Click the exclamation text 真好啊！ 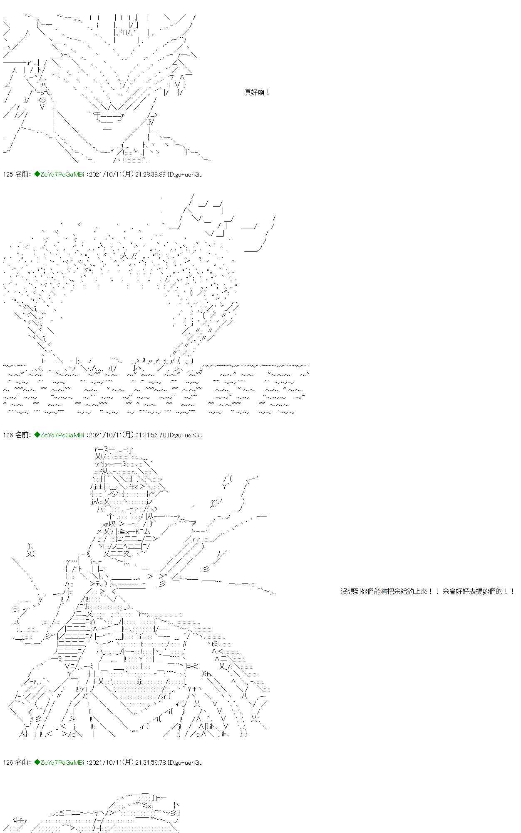257,93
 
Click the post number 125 8,175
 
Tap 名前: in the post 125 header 23,175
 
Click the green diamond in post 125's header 37,175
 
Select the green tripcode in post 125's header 62,175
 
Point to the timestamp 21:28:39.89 150,175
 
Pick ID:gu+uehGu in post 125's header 185,175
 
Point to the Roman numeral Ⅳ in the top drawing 151,122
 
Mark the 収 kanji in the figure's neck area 112,524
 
